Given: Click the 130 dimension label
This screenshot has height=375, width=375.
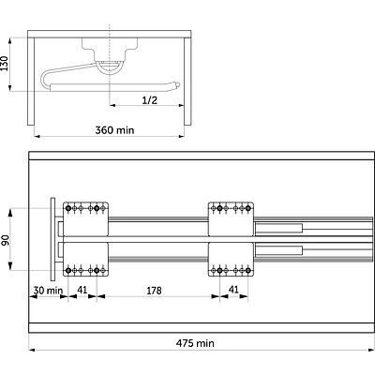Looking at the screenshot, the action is [4, 64].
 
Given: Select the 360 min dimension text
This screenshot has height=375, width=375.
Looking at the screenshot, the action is [114, 130].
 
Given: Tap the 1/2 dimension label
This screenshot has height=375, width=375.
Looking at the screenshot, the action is [150, 100].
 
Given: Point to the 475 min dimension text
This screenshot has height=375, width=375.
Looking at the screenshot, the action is [195, 343].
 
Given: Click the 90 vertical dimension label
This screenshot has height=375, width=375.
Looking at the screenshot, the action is [6, 240].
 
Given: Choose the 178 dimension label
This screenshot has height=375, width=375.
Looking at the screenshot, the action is [154, 291].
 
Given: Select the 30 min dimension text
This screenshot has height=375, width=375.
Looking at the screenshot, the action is [48, 291].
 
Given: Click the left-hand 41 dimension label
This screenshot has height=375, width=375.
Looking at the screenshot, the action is [82, 290].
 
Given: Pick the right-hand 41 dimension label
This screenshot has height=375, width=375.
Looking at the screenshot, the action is [233, 290].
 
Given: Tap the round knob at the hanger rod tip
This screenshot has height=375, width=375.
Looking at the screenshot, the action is [177, 84].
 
